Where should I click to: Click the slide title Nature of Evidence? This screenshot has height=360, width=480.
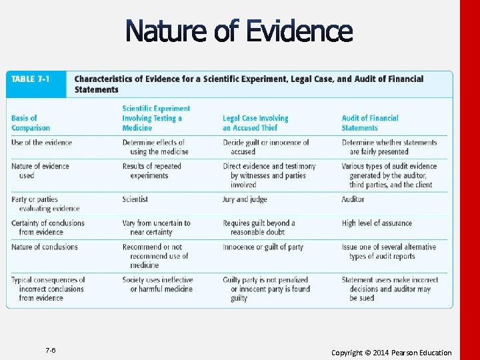[238, 31]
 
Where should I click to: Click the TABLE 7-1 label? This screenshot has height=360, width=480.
[30, 79]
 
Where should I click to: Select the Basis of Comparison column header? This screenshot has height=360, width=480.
[31, 123]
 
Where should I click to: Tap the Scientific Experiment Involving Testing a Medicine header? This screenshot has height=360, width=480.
[156, 118]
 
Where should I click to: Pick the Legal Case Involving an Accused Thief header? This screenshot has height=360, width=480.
[255, 123]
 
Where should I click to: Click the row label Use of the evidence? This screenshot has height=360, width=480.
[41, 143]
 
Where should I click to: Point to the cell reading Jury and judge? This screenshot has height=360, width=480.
[245, 199]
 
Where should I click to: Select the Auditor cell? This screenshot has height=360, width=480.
[353, 199]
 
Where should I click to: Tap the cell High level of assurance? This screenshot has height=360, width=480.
[377, 223]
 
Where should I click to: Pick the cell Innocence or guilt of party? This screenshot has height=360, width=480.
[263, 247]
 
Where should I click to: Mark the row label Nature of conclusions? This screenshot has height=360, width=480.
[45, 247]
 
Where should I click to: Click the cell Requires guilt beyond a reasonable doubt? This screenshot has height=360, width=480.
[259, 227]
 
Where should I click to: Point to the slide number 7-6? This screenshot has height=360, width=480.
[51, 351]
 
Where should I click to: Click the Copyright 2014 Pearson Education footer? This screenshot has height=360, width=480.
[391, 353]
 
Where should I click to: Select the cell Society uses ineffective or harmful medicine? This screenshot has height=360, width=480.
[158, 285]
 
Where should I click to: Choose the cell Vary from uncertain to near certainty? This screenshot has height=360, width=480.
[156, 227]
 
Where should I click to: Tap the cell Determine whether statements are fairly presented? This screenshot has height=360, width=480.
[389, 147]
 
